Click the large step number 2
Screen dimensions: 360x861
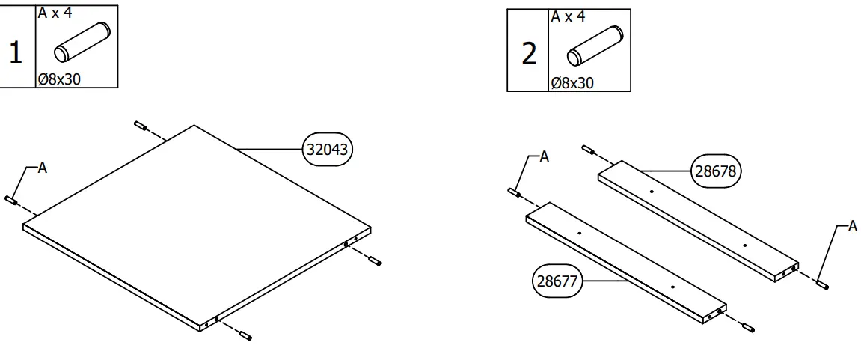pos(529,54)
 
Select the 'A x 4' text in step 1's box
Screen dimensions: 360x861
pos(55,13)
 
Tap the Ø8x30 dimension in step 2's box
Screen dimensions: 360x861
pos(572,82)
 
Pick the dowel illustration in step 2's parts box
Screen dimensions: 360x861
pos(594,47)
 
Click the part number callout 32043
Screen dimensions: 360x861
pos(327,150)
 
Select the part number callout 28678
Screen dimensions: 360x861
pos(716,171)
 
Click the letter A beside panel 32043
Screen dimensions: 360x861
pos(43,168)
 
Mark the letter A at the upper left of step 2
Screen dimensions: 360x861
pos(544,156)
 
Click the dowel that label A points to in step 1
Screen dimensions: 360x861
pos(11,199)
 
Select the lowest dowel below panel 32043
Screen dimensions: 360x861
pos(245,338)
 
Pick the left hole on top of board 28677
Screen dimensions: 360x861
pos(579,233)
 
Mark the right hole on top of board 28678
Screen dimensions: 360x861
pos(744,245)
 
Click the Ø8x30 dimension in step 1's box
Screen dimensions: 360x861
pos(59,79)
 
